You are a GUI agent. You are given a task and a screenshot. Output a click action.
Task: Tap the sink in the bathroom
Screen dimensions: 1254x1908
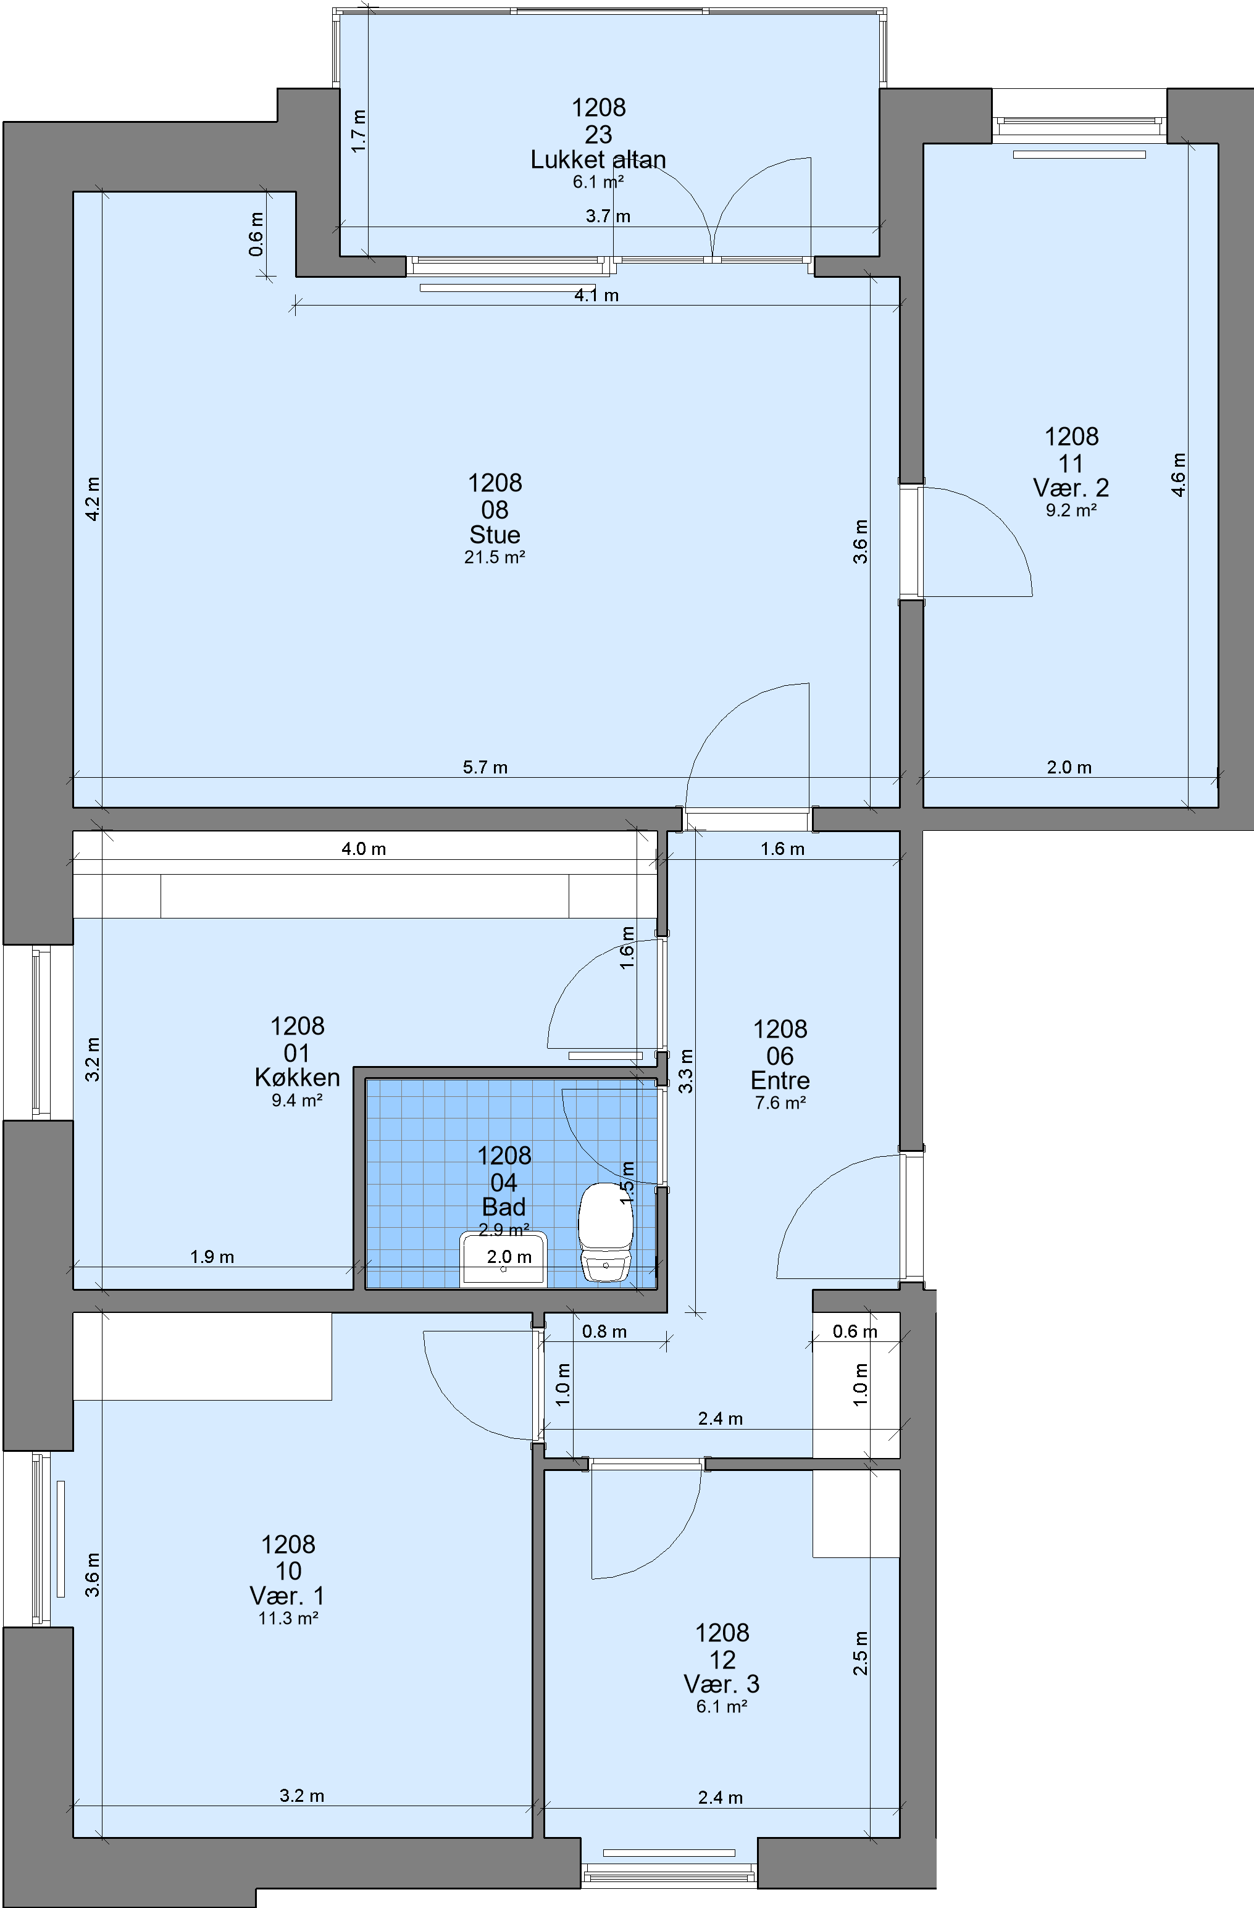(x=504, y=1260)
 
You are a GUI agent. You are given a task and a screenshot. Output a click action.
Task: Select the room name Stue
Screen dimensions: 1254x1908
(x=495, y=535)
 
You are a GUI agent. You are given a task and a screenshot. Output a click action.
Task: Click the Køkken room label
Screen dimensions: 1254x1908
(x=298, y=1078)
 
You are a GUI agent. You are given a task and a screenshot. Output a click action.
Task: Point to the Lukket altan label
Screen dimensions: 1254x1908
(x=598, y=159)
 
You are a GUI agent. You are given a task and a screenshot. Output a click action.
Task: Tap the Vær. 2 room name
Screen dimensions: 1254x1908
(x=1071, y=488)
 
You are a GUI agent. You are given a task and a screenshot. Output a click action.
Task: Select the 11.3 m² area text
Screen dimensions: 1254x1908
(x=288, y=1618)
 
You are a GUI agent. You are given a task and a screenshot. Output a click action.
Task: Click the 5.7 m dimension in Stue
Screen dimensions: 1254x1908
(x=485, y=767)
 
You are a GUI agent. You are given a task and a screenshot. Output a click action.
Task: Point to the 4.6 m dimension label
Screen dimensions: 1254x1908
(x=1178, y=475)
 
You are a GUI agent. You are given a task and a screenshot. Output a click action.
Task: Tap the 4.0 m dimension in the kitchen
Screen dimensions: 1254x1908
(x=364, y=849)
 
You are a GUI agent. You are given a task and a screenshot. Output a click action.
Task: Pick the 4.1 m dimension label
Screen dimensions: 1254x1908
(x=596, y=295)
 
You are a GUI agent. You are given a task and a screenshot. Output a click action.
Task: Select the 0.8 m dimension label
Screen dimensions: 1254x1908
(x=604, y=1331)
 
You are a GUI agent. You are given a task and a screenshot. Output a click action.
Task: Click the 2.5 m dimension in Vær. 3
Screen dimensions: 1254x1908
(x=859, y=1653)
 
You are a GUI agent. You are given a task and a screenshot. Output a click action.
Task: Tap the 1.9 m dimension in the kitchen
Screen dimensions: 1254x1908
(x=212, y=1257)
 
